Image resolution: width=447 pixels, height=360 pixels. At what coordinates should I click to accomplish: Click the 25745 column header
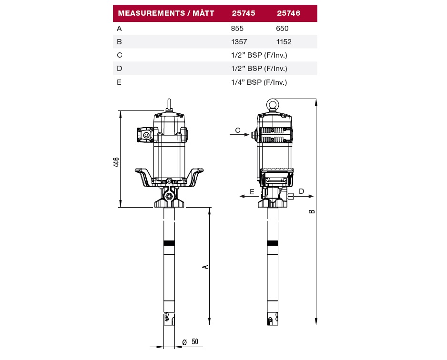[x=244, y=13]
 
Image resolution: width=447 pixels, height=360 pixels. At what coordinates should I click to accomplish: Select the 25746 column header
[x=288, y=13]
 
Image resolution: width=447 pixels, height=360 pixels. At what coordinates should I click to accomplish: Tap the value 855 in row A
[x=237, y=29]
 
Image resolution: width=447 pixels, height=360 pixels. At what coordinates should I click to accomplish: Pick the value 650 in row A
[x=282, y=29]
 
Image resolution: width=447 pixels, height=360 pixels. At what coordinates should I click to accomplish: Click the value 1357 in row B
[x=239, y=42]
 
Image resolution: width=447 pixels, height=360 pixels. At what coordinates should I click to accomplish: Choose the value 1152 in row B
[x=284, y=42]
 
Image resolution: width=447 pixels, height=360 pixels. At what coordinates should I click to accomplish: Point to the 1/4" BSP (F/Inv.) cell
[x=259, y=82]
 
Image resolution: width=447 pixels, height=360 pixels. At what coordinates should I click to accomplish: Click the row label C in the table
[x=120, y=55]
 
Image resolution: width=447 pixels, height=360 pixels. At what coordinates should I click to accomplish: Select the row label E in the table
[x=119, y=82]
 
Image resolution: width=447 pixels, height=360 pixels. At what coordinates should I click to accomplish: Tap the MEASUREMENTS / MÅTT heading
[x=166, y=13]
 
